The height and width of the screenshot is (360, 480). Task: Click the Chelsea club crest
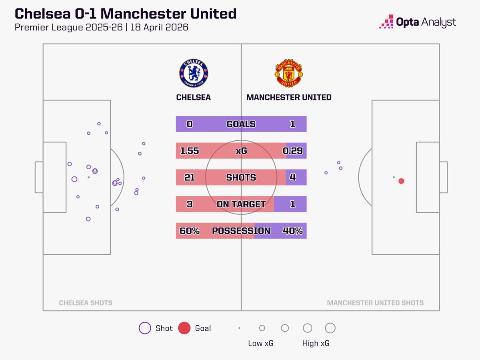[194, 73]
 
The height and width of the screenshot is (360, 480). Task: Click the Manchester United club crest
[289, 73]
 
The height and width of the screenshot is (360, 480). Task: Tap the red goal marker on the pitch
[401, 181]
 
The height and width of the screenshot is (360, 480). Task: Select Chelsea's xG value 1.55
[190, 151]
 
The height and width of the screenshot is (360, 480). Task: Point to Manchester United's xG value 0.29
[292, 151]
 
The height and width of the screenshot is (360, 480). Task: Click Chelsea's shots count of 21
[190, 177]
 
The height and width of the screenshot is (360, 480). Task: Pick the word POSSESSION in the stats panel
[241, 231]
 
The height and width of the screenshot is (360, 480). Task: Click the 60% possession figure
[190, 231]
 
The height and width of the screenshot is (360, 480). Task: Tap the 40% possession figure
[292, 231]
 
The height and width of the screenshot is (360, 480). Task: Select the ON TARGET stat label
[241, 204]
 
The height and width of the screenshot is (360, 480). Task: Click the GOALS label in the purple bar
[241, 124]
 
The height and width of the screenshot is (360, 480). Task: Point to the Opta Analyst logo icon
[386, 22]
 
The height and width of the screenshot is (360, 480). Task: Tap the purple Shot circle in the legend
[144, 328]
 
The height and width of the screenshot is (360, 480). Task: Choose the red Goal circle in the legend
[184, 328]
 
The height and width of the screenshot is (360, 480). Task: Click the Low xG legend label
[261, 343]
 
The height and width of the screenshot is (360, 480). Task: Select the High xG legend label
[316, 343]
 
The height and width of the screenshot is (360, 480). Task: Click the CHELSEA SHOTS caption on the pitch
[86, 303]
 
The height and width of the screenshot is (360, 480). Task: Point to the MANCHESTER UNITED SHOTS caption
[375, 303]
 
